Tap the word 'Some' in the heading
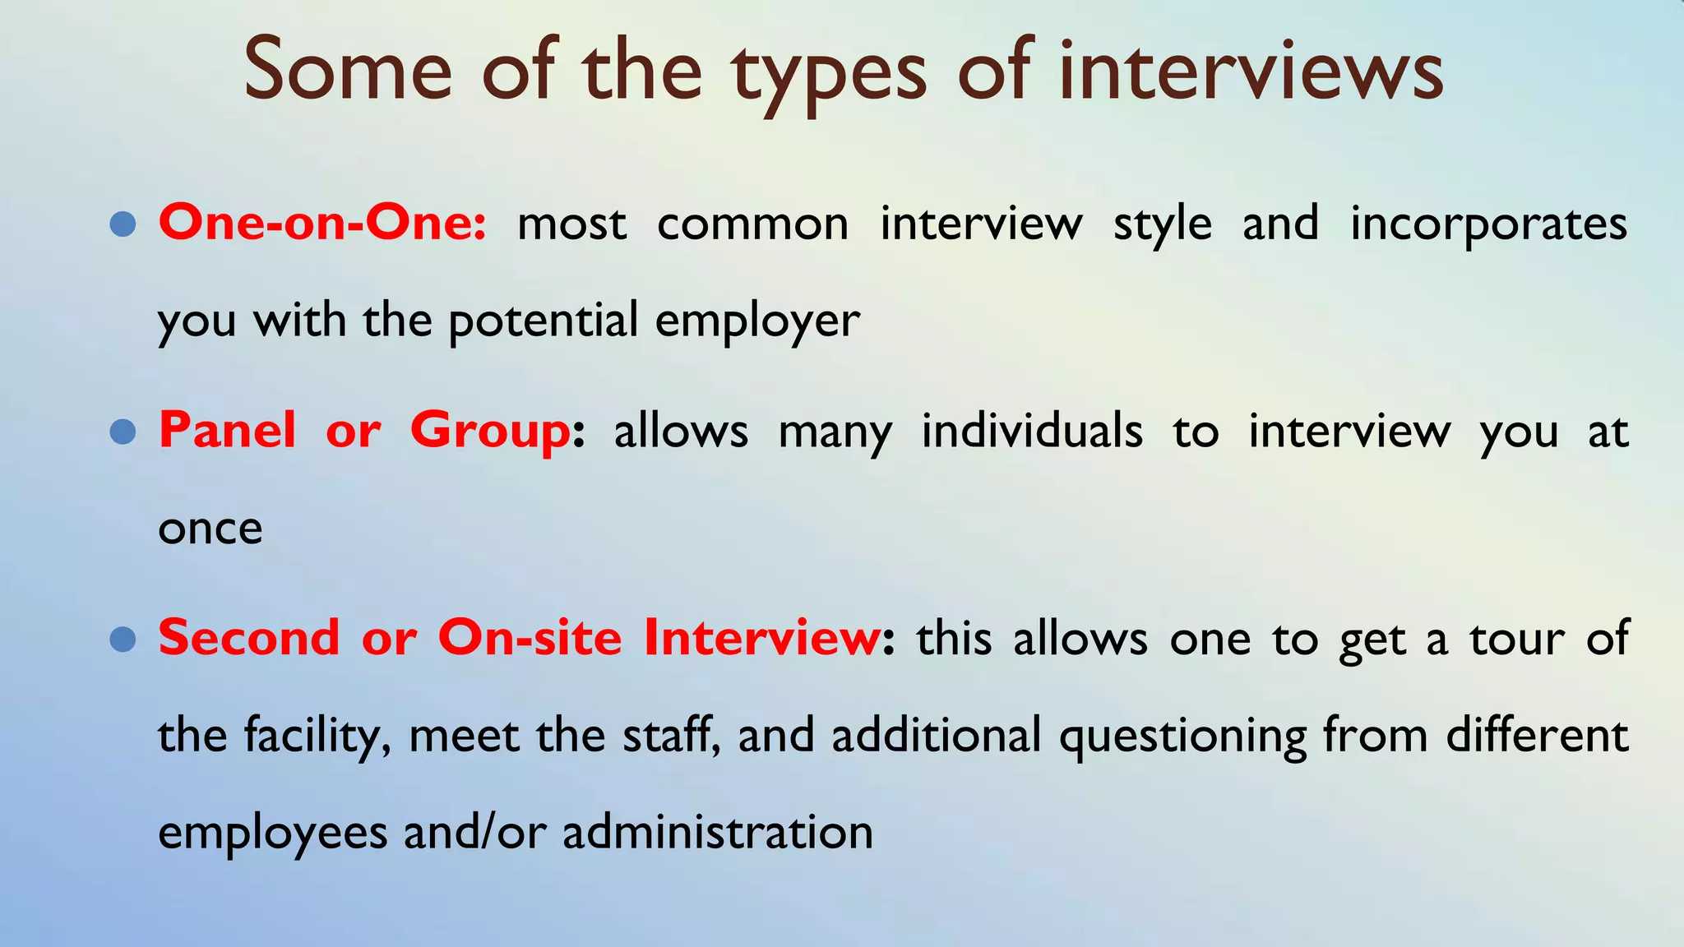[348, 69]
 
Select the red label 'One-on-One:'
[322, 223]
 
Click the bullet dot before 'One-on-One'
[123, 224]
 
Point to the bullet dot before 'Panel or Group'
[123, 431]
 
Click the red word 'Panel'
[227, 430]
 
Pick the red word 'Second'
[248, 638]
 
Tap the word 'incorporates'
[1488, 224]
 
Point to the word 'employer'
[757, 321]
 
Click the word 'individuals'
[1032, 431]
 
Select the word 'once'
[210, 529]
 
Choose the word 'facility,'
[317, 736]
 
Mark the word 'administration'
[718, 832]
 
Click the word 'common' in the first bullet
[752, 224]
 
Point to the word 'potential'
[543, 321]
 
